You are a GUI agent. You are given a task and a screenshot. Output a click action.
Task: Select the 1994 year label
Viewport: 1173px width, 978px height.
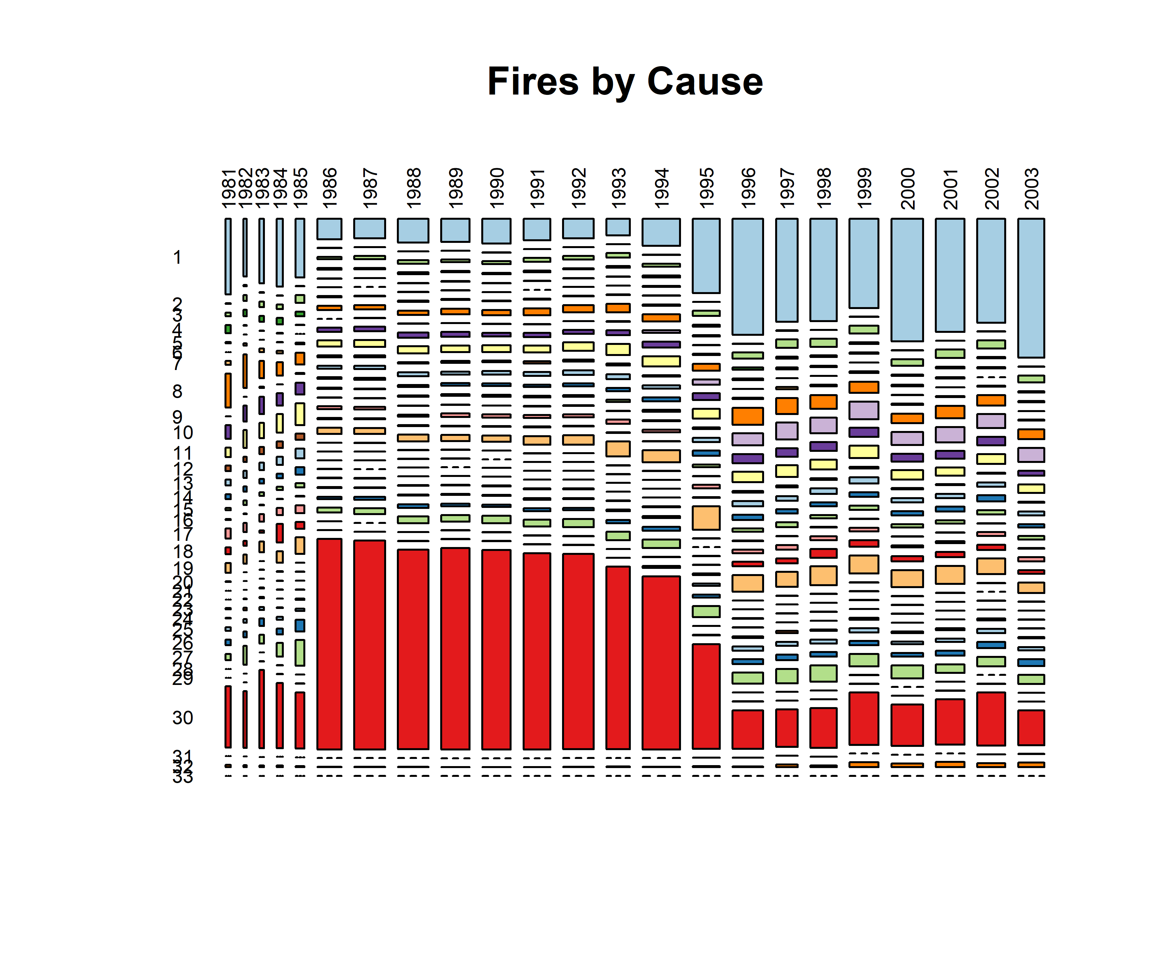pyautogui.click(x=661, y=188)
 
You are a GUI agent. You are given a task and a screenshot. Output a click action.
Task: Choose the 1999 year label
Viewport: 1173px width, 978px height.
pyautogui.click(x=864, y=188)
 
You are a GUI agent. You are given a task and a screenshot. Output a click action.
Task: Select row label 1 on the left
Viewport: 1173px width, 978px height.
pyautogui.click(x=177, y=257)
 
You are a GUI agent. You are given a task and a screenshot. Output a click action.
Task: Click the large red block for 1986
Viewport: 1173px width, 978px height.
pyautogui.click(x=329, y=644)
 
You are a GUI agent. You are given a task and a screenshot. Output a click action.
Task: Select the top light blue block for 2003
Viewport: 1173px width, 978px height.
pyautogui.click(x=1031, y=288)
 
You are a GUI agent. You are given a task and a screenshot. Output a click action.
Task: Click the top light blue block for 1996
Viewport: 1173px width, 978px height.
pyautogui.click(x=748, y=277)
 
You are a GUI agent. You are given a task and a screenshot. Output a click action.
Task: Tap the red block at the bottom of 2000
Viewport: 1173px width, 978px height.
pyautogui.click(x=907, y=725)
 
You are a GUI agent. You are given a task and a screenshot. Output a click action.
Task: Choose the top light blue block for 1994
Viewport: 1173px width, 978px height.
pyautogui.click(x=661, y=232)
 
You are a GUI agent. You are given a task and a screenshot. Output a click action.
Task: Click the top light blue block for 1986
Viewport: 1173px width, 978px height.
pyautogui.click(x=329, y=229)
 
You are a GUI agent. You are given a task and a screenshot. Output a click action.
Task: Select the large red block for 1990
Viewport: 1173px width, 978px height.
pyautogui.click(x=497, y=649)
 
